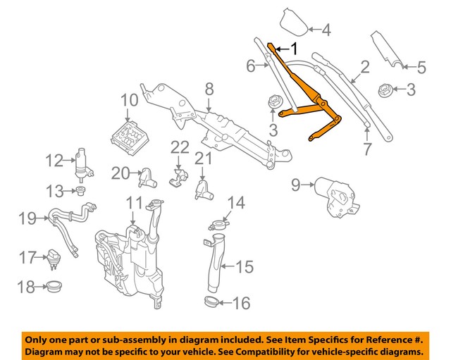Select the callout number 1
click(x=295, y=49)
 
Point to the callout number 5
click(x=421, y=68)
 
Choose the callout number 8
click(x=209, y=89)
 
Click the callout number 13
click(x=54, y=191)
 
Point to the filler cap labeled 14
click(x=217, y=225)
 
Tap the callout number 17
click(x=27, y=258)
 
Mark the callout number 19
click(x=27, y=219)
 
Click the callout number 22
click(x=180, y=147)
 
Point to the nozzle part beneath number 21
click(x=202, y=188)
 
